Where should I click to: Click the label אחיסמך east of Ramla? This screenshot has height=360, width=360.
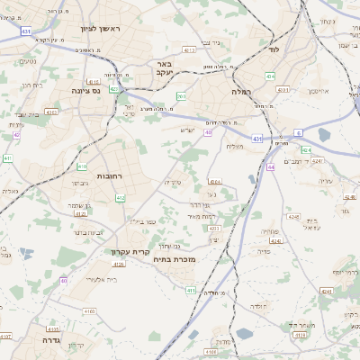(321, 92)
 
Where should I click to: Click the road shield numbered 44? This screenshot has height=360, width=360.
(271, 166)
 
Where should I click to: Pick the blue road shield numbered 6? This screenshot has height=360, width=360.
(298, 132)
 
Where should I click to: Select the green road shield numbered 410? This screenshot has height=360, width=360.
(82, 166)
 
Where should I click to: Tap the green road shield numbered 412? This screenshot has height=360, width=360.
(121, 197)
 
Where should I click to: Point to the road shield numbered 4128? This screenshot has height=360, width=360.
(79, 214)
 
